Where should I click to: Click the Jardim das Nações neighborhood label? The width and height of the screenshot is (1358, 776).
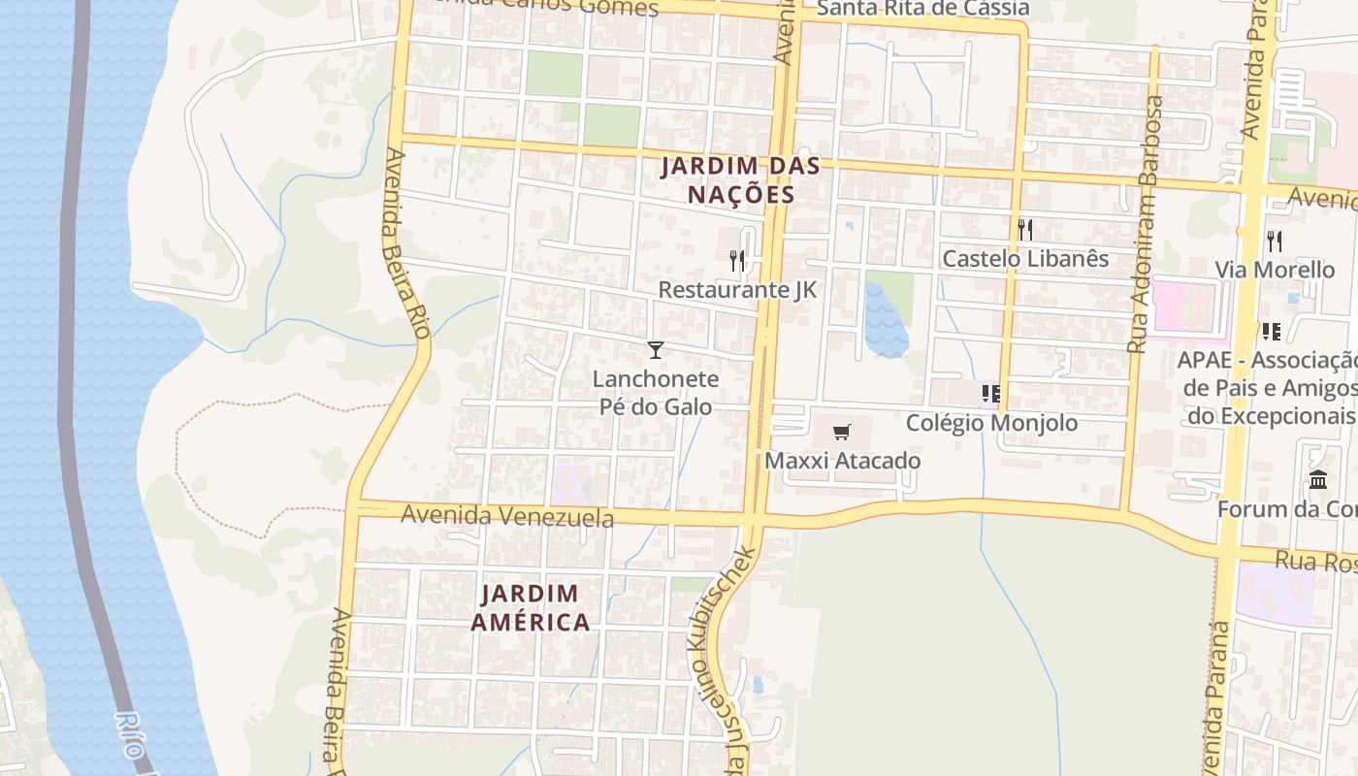741,180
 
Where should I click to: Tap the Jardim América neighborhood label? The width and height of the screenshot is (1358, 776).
531,607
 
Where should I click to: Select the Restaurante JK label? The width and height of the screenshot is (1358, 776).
737,290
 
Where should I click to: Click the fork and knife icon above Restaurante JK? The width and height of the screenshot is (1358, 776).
737,260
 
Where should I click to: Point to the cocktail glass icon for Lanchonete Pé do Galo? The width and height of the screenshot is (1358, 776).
656,349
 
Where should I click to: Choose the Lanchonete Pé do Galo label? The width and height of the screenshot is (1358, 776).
656,393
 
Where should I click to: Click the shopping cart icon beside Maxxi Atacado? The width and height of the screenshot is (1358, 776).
842,432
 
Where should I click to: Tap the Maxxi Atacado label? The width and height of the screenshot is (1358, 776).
842,461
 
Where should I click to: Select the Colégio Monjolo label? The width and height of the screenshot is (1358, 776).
991,423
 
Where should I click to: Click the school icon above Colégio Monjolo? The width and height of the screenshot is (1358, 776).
990,393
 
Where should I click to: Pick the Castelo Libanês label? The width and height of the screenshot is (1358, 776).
1025,259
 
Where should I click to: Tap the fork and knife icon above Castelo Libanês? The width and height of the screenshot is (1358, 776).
1024,230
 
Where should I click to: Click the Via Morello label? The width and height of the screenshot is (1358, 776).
1275,270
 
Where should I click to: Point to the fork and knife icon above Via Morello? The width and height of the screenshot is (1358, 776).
1275,241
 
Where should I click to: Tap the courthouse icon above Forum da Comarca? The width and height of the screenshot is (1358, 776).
1318,479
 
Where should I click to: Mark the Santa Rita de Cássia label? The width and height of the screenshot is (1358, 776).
921,9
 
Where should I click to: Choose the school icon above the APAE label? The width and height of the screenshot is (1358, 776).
1271,332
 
